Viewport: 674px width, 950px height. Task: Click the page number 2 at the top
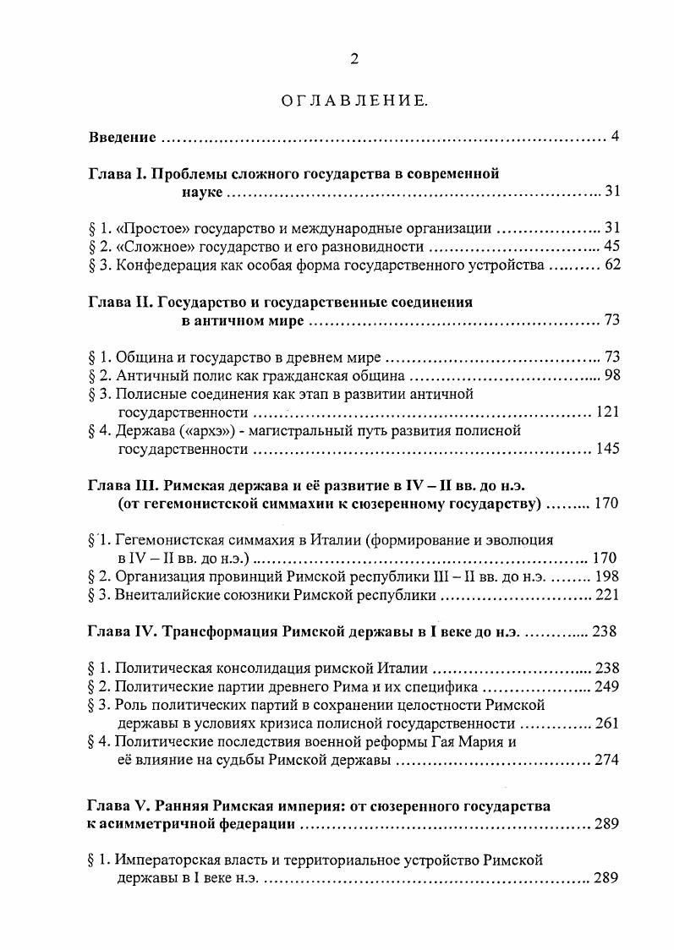(x=355, y=58)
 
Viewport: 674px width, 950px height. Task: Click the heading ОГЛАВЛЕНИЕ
(x=354, y=103)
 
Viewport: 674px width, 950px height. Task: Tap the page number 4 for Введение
(x=616, y=137)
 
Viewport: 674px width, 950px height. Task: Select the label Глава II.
(x=119, y=302)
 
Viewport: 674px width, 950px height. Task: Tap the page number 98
(x=611, y=375)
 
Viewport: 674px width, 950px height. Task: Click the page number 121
(x=607, y=412)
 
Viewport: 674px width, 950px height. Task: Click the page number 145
(x=607, y=450)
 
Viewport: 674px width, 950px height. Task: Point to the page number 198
(x=607, y=576)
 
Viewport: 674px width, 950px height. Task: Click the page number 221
(x=607, y=595)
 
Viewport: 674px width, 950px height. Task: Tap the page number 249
(x=607, y=686)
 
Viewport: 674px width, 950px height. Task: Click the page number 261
(x=607, y=723)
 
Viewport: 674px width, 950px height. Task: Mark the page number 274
(x=607, y=761)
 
